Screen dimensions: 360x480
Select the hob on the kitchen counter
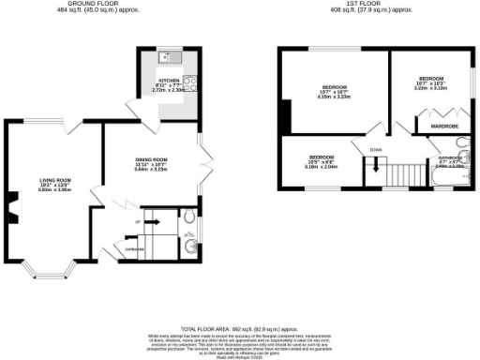[189, 82]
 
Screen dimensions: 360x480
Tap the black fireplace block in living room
[13, 202]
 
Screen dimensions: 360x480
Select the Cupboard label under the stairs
[135, 249]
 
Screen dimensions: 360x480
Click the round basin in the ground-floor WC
[191, 247]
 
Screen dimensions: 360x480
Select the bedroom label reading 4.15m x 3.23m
[334, 92]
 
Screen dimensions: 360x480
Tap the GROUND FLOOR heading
[96, 5]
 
